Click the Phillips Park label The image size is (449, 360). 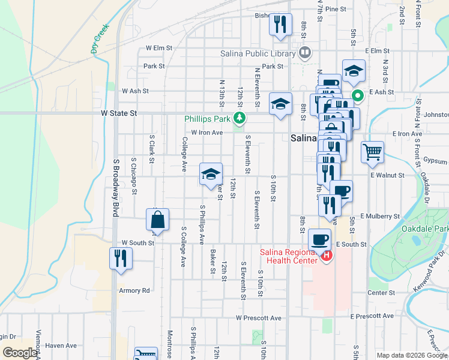(208, 119)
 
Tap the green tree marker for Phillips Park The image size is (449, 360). (240, 118)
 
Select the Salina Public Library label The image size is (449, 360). (258, 53)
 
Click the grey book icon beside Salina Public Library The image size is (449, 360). (305, 53)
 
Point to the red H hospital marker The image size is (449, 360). (327, 256)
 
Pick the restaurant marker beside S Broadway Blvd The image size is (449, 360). (121, 258)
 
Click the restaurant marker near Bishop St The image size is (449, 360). (280, 24)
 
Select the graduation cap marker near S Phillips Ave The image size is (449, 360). (211, 174)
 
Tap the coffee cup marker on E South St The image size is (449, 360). (320, 239)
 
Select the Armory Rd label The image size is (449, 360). (134, 290)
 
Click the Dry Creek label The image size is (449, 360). (100, 39)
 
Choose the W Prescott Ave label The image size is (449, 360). (258, 317)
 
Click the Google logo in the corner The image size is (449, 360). (20, 353)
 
